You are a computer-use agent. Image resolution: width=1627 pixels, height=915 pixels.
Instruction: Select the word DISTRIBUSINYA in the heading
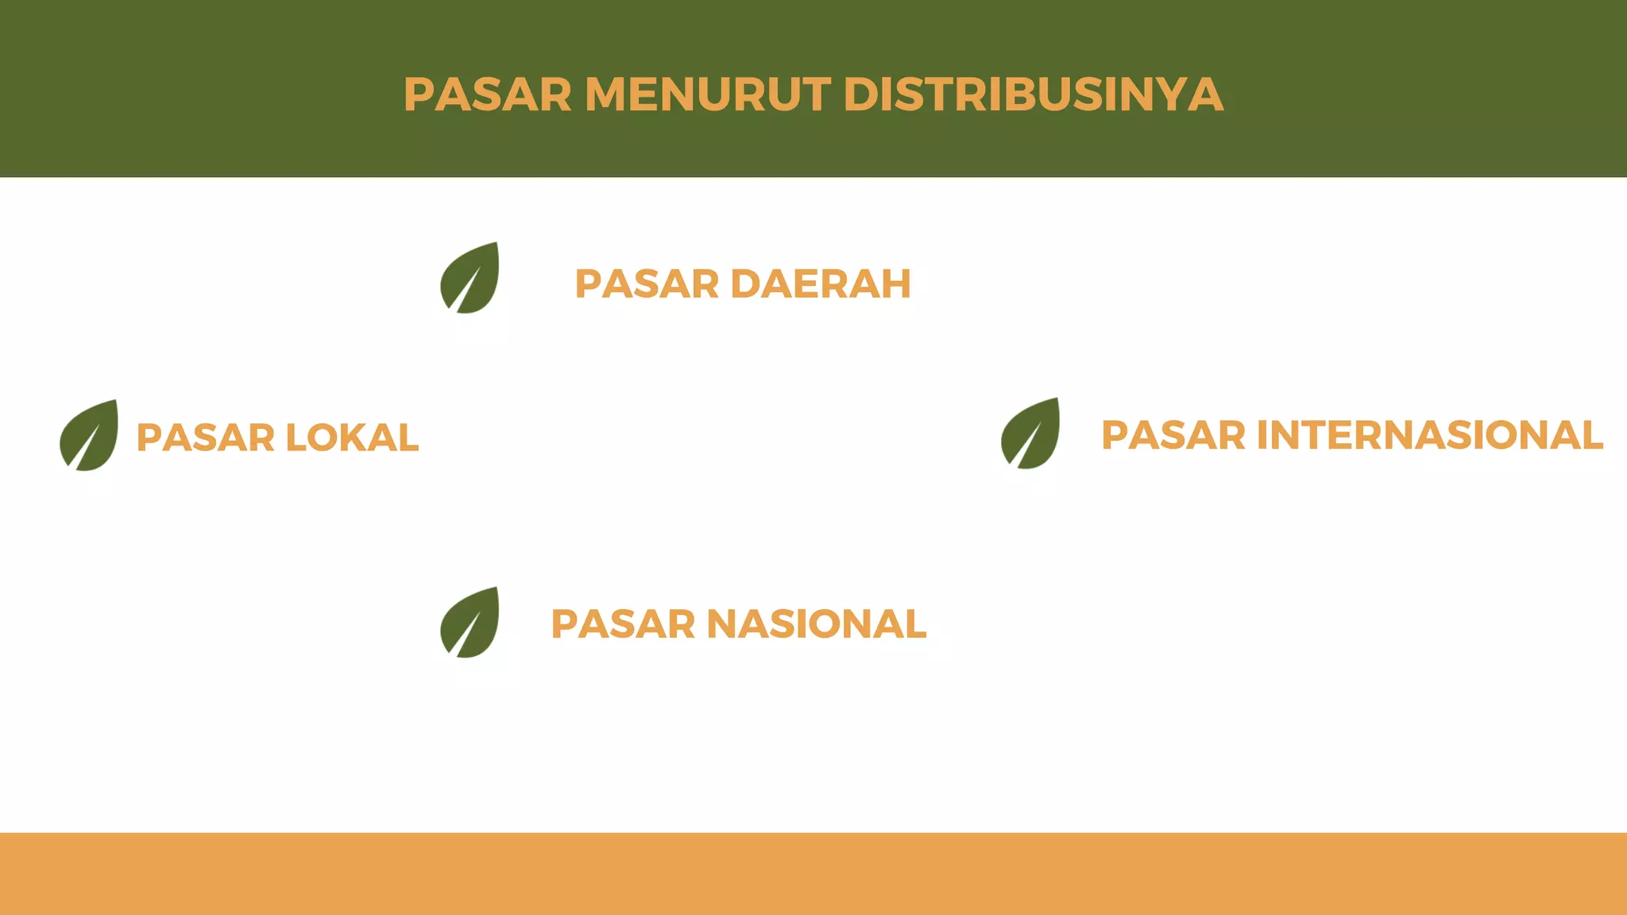[x=1033, y=95]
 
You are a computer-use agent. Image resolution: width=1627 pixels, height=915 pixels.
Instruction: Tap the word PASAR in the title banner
[x=487, y=95]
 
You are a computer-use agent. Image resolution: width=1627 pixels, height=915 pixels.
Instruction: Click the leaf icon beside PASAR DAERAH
[x=470, y=278]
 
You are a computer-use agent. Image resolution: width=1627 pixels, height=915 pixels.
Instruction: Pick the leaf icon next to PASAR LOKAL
[x=89, y=435]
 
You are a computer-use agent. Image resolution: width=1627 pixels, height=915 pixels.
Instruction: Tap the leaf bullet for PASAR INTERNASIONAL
[x=1030, y=434]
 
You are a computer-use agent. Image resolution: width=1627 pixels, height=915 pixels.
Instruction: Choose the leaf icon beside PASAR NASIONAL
[x=470, y=623]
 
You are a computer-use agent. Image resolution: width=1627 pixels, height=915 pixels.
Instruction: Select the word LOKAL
[x=351, y=438]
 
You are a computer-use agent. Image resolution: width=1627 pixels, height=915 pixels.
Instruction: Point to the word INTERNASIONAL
[x=1429, y=435]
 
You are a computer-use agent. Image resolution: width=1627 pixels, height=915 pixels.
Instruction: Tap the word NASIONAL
[x=816, y=624]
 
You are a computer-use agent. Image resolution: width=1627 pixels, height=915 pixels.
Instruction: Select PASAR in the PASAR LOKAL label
[x=206, y=438]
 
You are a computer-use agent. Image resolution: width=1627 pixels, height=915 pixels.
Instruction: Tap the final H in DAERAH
[x=895, y=284]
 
